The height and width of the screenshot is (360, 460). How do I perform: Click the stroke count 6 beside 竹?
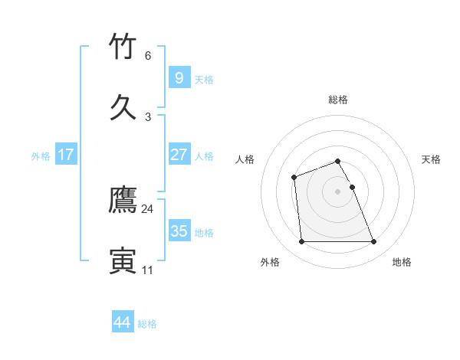pos(148,56)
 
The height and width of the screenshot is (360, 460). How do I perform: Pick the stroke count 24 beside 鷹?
pos(148,209)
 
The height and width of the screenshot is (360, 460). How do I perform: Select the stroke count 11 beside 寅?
pos(148,270)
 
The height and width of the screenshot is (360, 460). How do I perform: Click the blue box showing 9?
pos(179,77)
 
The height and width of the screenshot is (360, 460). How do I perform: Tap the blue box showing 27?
pos(179,154)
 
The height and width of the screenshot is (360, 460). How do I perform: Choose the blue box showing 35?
pos(179,231)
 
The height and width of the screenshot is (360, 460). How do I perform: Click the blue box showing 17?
pos(65,154)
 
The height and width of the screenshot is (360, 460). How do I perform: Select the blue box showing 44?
pos(122,322)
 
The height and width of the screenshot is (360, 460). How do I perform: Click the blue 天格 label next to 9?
pos(204,80)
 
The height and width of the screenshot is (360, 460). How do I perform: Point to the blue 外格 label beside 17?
pos(41,156)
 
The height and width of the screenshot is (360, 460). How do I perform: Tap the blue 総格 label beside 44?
pos(147,325)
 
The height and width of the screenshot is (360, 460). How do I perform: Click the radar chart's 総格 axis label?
pos(338,100)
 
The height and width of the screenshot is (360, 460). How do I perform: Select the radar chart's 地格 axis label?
pos(402,262)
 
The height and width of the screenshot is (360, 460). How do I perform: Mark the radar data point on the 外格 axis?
pos(302,242)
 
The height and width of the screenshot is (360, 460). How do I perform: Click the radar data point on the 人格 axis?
pos(294,178)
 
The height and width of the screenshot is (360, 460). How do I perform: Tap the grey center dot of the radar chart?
pos(338,191)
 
